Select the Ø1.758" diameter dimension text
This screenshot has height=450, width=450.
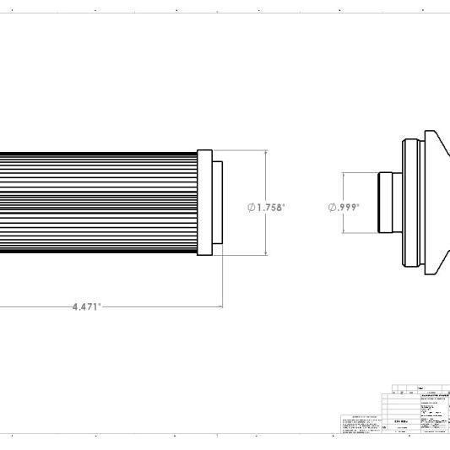coord(267,206)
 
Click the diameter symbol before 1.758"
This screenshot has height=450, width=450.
coord(252,206)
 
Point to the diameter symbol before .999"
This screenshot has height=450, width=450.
coord(332,206)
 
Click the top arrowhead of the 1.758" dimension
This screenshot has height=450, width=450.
coord(267,154)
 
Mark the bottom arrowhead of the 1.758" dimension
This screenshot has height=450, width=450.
coord(267,254)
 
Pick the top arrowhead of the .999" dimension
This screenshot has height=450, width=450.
coord(344,175)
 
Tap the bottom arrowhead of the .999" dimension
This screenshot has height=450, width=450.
coord(344,232)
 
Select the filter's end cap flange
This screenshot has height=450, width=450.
coord(203,203)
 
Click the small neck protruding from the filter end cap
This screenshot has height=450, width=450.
coord(217,203)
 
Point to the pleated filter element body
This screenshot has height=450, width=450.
coord(97,203)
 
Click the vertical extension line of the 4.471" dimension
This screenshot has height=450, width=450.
coord(222,279)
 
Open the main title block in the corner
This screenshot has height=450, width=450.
coord(419,413)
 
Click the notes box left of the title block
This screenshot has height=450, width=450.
coord(364,424)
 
